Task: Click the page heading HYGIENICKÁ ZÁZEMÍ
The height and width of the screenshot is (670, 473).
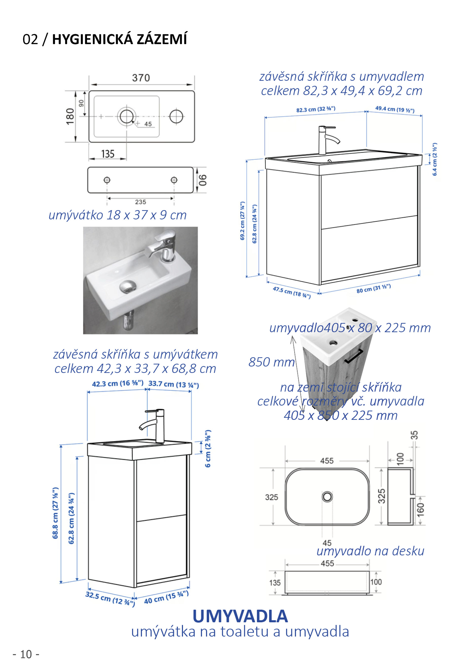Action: tap(119, 39)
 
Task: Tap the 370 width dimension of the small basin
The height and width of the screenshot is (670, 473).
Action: tap(141, 78)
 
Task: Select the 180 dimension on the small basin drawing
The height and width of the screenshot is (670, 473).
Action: tap(70, 116)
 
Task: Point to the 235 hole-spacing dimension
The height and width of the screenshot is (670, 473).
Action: tap(140, 202)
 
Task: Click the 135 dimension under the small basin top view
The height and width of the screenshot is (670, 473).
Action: tap(108, 154)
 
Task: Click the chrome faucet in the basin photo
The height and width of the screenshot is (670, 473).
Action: tap(163, 245)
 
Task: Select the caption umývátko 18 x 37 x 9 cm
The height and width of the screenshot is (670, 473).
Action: tap(118, 215)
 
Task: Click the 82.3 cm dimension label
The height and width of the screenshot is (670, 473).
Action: tap(316, 110)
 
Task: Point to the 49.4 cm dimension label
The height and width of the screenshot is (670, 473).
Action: tap(395, 110)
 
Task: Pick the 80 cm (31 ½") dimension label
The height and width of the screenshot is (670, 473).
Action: tap(373, 289)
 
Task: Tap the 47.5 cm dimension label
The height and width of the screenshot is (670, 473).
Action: tap(291, 292)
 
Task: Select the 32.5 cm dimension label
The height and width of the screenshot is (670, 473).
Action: tap(110, 598)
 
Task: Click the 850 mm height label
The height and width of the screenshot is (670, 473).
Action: tap(271, 362)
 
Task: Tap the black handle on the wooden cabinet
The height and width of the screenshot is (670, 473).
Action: tap(354, 356)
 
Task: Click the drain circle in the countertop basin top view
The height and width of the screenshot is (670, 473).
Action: tap(327, 497)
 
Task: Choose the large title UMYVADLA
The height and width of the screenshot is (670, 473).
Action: tap(240, 616)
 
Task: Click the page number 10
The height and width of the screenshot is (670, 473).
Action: tap(26, 654)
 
